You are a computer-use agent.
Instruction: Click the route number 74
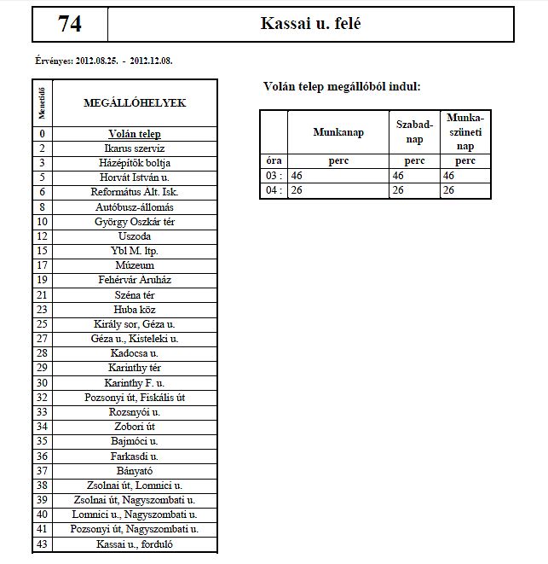(x=70, y=24)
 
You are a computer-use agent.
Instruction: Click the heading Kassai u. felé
(x=312, y=24)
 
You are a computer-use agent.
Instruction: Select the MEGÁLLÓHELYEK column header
(x=135, y=103)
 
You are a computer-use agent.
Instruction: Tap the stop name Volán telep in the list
(x=135, y=134)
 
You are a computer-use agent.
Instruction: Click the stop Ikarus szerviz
(x=135, y=148)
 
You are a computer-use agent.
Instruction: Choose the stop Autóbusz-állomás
(x=135, y=207)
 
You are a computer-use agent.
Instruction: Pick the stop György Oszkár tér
(x=135, y=222)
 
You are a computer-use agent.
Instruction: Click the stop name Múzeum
(x=135, y=265)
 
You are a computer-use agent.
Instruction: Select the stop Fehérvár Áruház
(x=135, y=280)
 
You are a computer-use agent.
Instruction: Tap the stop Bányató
(x=135, y=470)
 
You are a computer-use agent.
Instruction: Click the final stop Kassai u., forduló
(x=135, y=544)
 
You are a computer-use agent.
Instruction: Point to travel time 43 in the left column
(x=42, y=544)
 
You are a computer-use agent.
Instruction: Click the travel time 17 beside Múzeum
(x=42, y=265)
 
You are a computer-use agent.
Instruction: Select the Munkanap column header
(x=338, y=132)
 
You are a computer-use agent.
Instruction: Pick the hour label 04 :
(x=273, y=189)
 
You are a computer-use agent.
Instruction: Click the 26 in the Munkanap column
(x=297, y=189)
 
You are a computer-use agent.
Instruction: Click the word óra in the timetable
(x=273, y=160)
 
